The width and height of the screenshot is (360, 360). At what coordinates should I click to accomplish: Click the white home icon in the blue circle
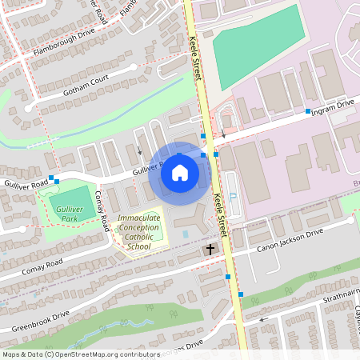click(179, 172)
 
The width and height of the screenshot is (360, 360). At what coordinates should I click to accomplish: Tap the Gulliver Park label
click(70, 214)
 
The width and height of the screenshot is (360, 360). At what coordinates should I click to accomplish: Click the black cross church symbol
click(210, 250)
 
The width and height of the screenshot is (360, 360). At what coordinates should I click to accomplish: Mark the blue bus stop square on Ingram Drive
click(307, 110)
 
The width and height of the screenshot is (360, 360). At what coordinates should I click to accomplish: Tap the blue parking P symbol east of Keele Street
click(233, 197)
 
